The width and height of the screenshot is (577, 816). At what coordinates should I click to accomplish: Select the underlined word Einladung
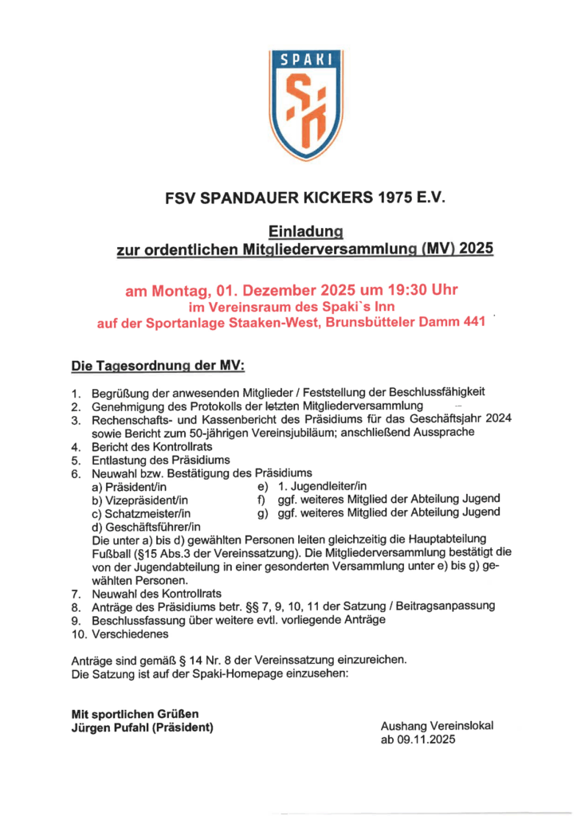pyautogui.click(x=305, y=231)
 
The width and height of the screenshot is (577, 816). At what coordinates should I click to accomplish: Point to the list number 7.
pyautogui.click(x=75, y=594)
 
